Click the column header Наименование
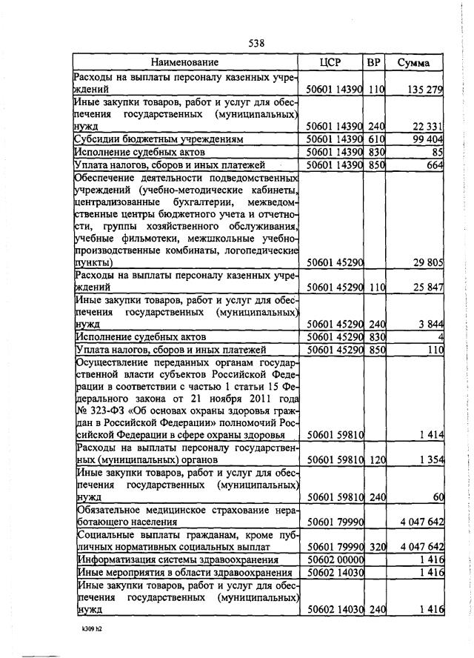pos(185,63)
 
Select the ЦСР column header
pos(330,63)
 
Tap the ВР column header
pos(374,63)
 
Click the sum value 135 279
pos(424,90)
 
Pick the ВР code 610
pos(377,139)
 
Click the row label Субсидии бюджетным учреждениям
pos(148,139)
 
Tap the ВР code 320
pos(377,547)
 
